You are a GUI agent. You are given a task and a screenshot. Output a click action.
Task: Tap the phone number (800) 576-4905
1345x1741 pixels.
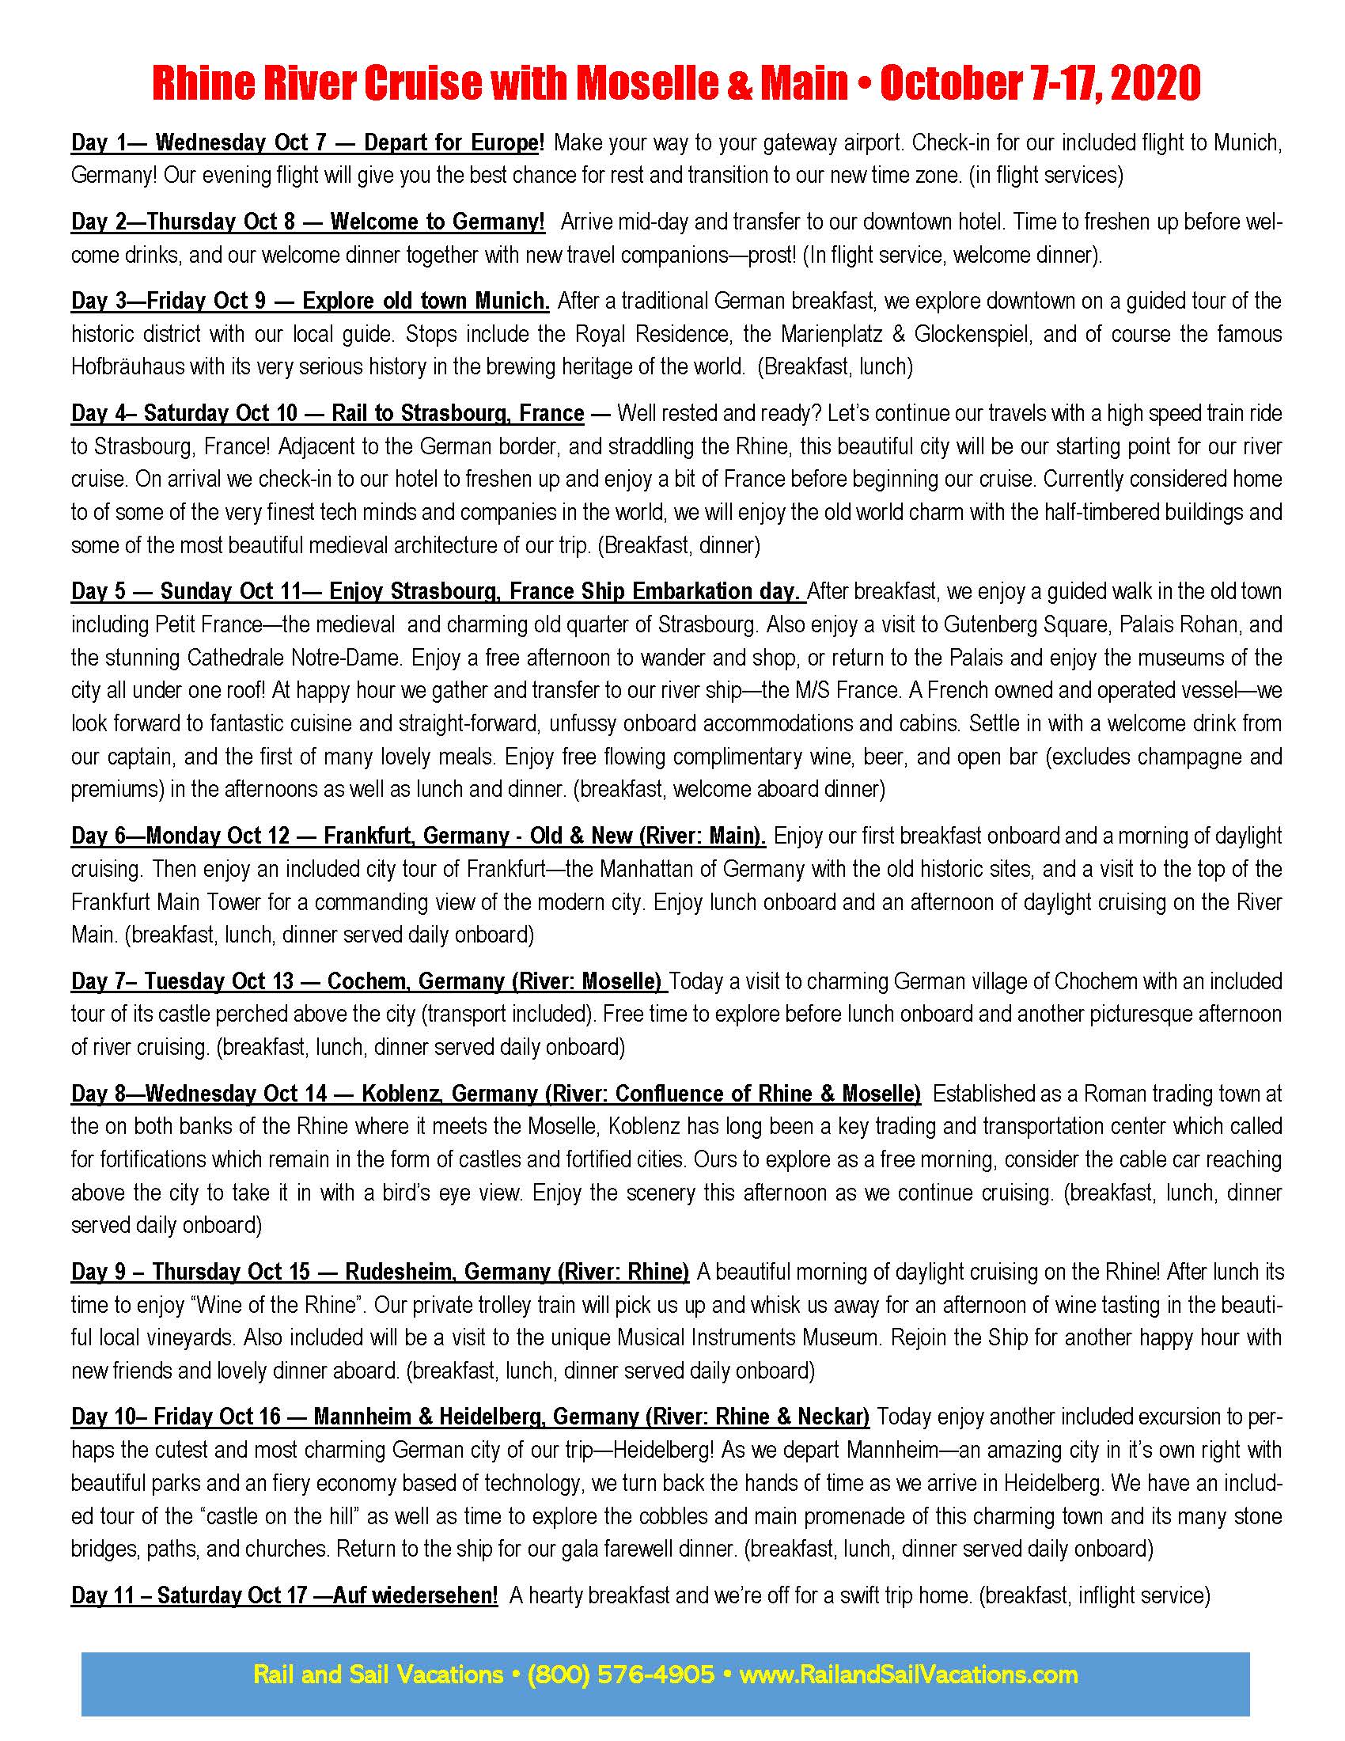pos(621,1674)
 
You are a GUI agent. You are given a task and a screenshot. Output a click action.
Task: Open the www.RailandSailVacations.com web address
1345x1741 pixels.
pos(908,1674)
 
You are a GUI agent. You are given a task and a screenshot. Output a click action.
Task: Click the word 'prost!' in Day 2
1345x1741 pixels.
pos(772,255)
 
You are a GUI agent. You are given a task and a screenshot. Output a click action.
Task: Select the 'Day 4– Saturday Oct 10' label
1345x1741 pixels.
pos(184,413)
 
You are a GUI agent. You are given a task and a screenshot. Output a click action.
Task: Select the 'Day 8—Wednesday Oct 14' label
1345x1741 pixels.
pos(199,1094)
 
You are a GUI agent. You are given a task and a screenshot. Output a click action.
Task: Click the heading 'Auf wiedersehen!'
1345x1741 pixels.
pos(415,1595)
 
